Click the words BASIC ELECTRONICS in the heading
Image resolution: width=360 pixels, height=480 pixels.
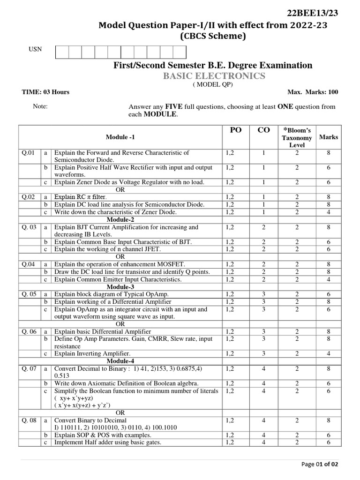214,76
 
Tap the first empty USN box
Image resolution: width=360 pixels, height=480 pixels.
62,52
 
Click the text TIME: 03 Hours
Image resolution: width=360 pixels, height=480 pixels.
46,92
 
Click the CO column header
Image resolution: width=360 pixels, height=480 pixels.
264,130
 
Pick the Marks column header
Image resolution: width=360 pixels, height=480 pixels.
328,137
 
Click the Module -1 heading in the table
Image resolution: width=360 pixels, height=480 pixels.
120,137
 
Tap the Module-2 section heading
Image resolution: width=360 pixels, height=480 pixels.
120,219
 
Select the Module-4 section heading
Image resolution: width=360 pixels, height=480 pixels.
120,361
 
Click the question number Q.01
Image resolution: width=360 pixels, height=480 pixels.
28,153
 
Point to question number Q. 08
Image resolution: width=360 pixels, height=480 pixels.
29,420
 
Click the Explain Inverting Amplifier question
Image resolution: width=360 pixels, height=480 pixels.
92,353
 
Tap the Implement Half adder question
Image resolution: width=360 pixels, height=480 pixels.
108,442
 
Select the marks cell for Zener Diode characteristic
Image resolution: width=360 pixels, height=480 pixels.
328,212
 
